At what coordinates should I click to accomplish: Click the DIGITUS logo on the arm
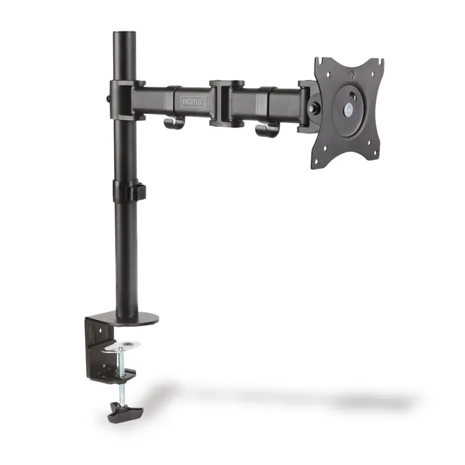[x=193, y=102]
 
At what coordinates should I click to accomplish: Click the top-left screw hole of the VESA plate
[x=328, y=74]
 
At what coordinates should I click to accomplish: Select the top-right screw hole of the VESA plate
[x=373, y=74]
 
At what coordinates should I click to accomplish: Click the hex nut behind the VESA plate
[x=312, y=108]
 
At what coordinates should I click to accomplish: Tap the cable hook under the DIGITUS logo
[x=173, y=123]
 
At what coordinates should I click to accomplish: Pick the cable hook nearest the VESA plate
[x=266, y=130]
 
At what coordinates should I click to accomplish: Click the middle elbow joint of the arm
[x=227, y=103]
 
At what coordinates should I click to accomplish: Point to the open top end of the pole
[x=125, y=32]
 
